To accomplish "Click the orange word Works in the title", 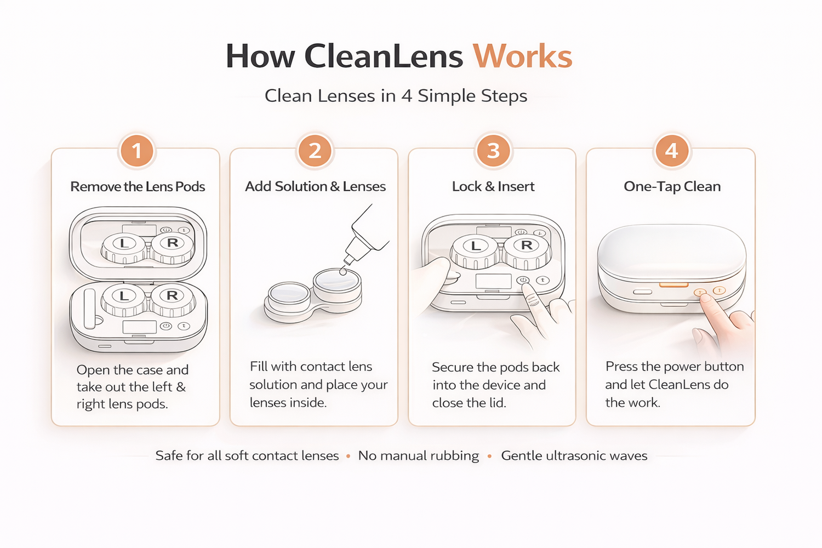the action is click(522, 56).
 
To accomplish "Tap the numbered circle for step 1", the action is click(137, 151).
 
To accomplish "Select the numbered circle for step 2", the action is click(315, 151).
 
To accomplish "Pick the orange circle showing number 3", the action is click(493, 151).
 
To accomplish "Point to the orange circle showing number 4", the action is click(672, 151).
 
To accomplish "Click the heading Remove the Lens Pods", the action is click(138, 186).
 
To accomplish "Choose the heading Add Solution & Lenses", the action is click(315, 186).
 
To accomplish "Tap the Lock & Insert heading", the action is click(493, 186).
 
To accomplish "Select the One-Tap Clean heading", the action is click(672, 186).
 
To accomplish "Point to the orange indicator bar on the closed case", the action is click(673, 284).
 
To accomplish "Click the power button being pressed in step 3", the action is click(523, 280).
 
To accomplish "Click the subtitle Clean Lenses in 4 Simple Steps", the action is click(396, 96).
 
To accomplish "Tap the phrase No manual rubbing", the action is click(419, 455).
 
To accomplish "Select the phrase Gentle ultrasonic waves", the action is click(574, 455).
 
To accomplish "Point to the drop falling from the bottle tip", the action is click(343, 271).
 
